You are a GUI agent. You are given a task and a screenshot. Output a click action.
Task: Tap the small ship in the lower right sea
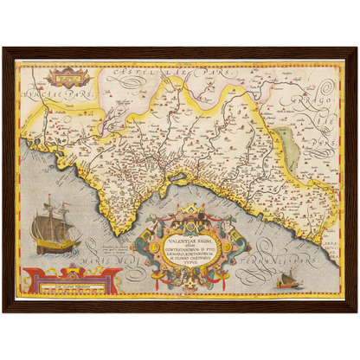click(x=287, y=280)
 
